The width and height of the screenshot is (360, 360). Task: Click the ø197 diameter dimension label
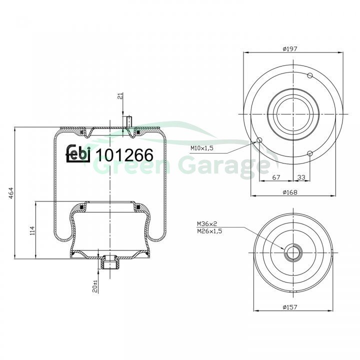tap(290, 49)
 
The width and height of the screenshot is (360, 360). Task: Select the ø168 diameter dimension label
tap(290, 192)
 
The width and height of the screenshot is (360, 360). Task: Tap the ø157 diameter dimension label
tap(290, 307)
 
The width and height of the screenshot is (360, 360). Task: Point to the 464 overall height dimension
tap(11, 193)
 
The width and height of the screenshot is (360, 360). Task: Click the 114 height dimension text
tap(32, 230)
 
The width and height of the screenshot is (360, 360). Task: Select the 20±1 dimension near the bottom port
tap(95, 286)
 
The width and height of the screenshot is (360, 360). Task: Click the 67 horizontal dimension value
tap(276, 177)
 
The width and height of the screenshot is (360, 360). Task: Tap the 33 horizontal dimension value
tap(301, 177)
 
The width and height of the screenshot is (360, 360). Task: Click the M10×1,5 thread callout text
tap(202, 148)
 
